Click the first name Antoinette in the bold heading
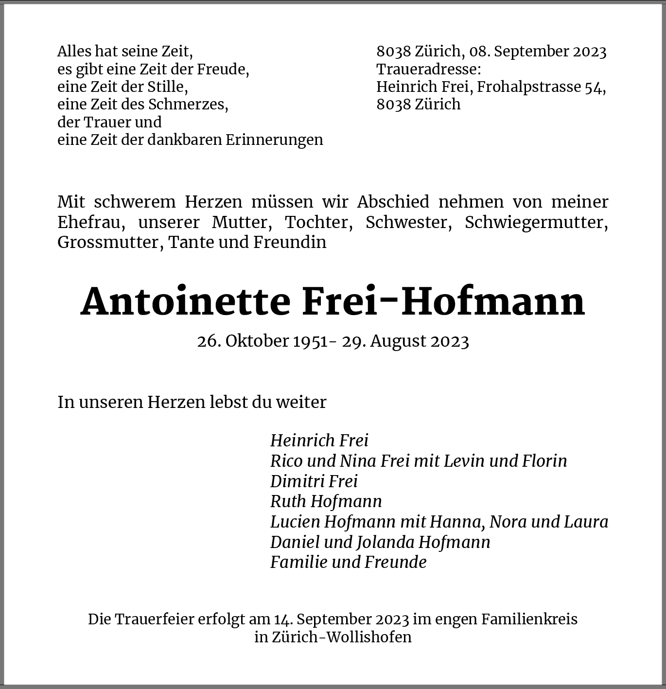(x=185, y=302)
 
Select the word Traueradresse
(x=428, y=69)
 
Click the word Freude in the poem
(x=222, y=69)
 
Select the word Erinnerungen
(x=274, y=140)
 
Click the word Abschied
(x=393, y=202)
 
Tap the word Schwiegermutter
(x=536, y=222)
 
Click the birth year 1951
(x=310, y=341)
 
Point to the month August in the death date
(x=398, y=341)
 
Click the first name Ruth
(x=288, y=501)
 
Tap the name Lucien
(x=295, y=522)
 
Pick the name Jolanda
(x=385, y=542)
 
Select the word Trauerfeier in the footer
(x=155, y=619)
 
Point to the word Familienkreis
(x=529, y=619)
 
